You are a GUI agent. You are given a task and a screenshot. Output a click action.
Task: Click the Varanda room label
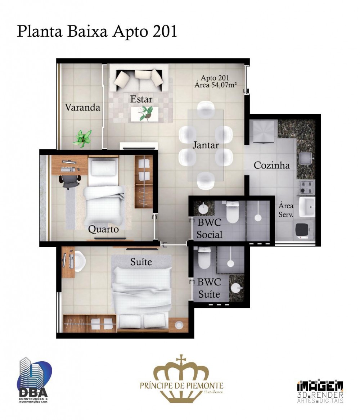pos(82,107)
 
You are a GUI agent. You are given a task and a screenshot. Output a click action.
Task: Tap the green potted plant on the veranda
pos(83,138)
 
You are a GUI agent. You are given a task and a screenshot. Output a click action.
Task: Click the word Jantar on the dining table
pos(206,145)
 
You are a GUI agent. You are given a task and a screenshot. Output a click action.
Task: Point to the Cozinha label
pos(271,165)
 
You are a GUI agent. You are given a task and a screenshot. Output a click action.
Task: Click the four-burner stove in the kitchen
pos(306,187)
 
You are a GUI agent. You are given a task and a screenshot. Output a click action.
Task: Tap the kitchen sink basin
pos(305,158)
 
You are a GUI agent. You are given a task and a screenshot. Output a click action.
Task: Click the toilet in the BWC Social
pos(232,212)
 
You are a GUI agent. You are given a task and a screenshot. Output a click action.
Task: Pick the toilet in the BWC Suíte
pos(204,258)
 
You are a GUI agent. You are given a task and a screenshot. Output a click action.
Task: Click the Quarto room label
pos(103,229)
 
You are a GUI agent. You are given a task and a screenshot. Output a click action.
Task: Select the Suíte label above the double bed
pos(141,262)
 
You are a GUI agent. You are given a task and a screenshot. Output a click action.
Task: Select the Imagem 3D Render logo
pos(320,391)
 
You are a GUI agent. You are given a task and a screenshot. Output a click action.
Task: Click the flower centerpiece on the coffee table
pos(145,113)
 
